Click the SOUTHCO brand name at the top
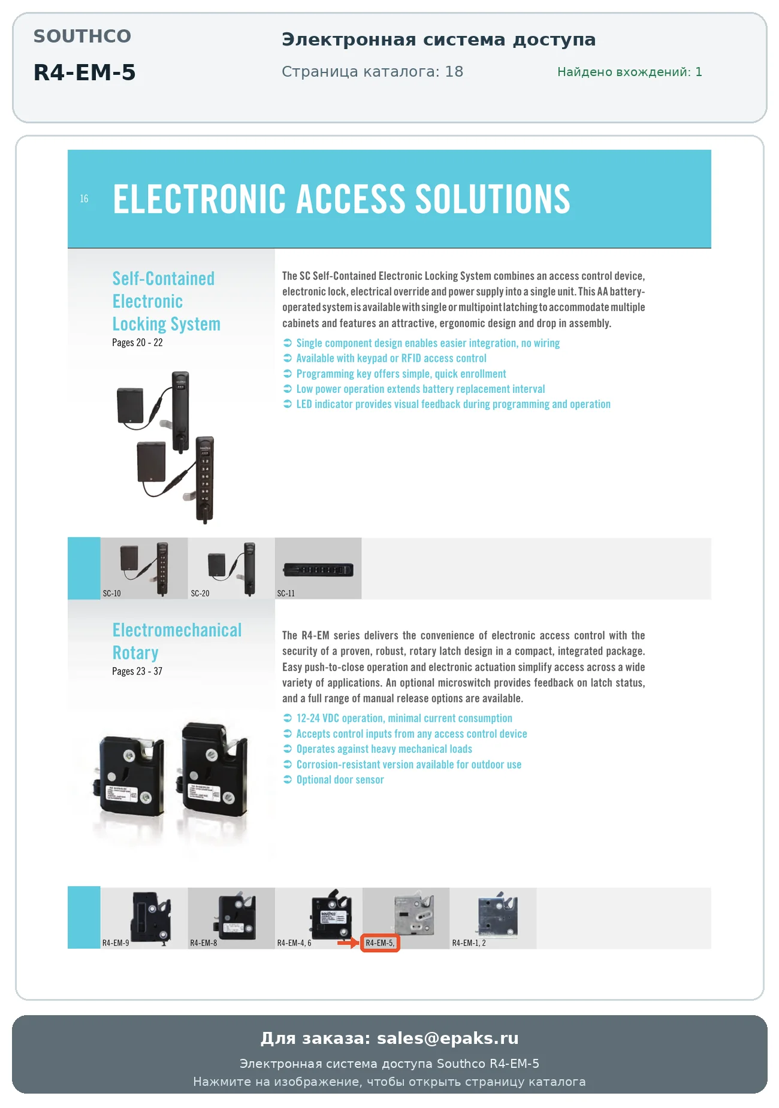pyautogui.click(x=82, y=36)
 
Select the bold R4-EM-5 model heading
pyautogui.click(x=84, y=72)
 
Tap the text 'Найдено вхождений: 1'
pyautogui.click(x=629, y=72)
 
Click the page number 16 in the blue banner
pyautogui.click(x=84, y=198)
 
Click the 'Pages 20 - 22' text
pyautogui.click(x=137, y=343)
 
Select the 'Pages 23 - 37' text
pyautogui.click(x=137, y=671)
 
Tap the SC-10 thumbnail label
pyautogui.click(x=111, y=594)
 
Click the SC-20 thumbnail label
pyautogui.click(x=200, y=594)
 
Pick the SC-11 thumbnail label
pyautogui.click(x=286, y=594)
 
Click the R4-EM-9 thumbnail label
pyautogui.click(x=116, y=943)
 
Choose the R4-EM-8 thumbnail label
pyautogui.click(x=204, y=943)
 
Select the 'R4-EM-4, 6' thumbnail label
pyautogui.click(x=294, y=943)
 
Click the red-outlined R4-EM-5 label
pyautogui.click(x=380, y=943)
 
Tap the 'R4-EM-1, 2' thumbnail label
pyautogui.click(x=469, y=943)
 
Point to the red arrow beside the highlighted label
pyautogui.click(x=348, y=943)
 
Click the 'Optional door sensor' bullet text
pyautogui.click(x=340, y=780)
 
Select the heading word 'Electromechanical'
pyautogui.click(x=177, y=630)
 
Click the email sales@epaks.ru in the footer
pyautogui.click(x=448, y=1038)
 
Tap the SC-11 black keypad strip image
pyautogui.click(x=318, y=570)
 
